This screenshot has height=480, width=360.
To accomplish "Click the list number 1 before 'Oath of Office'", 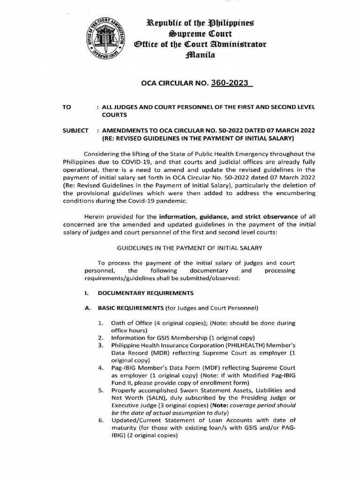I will (x=101, y=323).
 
